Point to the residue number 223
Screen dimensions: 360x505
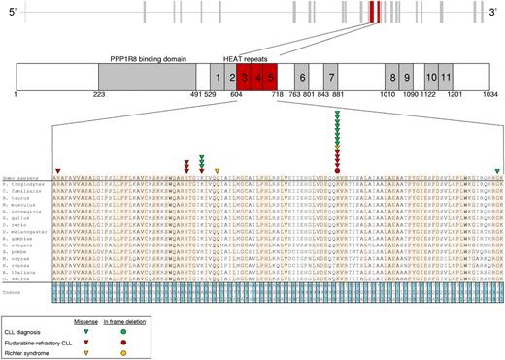pos(98,95)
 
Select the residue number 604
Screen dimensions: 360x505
pos(236,95)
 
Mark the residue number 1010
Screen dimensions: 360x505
pos(387,95)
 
